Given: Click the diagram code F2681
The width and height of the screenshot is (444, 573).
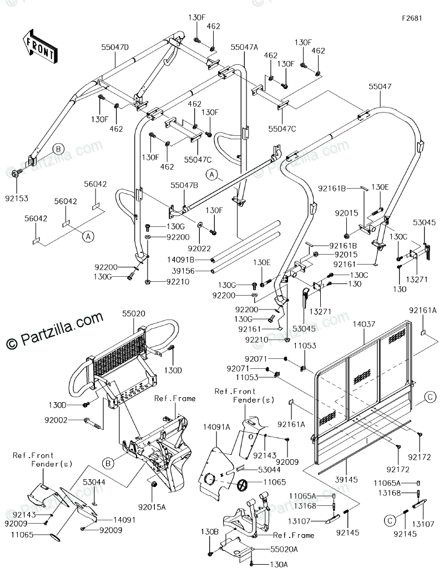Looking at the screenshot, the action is [412, 18].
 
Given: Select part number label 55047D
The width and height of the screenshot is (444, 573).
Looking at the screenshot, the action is [115, 47].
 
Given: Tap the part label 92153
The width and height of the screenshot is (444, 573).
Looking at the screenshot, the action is [17, 199].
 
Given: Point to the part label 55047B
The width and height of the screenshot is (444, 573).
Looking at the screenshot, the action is [184, 185].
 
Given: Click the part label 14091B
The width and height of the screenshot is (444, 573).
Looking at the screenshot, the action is [181, 260].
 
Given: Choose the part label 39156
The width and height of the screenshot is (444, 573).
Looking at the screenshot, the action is [183, 271].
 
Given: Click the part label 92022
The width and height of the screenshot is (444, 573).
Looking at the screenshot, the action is [199, 249].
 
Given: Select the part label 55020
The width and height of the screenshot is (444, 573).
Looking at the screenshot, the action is [134, 313].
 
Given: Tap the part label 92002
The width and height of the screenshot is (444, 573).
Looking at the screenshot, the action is [56, 420].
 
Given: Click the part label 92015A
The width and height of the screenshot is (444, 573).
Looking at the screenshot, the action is [152, 507].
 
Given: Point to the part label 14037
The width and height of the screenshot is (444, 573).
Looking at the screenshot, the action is [364, 323].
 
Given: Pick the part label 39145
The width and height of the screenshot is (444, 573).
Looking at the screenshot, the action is [346, 479].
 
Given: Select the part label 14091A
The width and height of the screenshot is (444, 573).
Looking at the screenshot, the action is [216, 427].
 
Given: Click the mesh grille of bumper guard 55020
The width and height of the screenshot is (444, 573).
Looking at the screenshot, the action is [119, 351].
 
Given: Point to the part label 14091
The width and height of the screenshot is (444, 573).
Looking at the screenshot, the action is [124, 520].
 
